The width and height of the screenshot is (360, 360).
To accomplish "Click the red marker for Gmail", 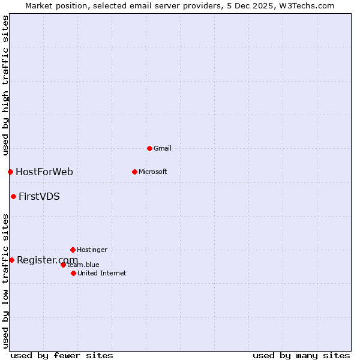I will tap(149, 148).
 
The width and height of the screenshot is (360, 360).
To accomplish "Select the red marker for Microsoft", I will tap(134, 172).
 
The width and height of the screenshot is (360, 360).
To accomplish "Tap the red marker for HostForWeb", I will tap(10, 172).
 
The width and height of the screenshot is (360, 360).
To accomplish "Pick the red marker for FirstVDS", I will tap(13, 196).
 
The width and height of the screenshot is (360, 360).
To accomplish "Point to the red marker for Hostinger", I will tap(73, 250).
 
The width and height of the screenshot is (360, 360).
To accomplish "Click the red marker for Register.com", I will tap(11, 260).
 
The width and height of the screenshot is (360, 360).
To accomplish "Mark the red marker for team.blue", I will tap(63, 265).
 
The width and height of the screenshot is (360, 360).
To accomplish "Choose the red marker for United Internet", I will tap(73, 273).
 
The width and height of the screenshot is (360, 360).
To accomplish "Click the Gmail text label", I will tap(163, 148).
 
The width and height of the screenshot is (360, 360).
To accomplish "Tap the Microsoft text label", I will tap(153, 172).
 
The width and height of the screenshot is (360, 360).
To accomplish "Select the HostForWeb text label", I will tap(44, 172).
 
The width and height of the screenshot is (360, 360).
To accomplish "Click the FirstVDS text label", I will tap(39, 196).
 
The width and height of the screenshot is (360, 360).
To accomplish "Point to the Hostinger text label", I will tap(92, 250).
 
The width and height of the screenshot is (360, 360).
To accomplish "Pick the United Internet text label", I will tap(102, 273).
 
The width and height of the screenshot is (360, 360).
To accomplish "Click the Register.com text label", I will tap(47, 260).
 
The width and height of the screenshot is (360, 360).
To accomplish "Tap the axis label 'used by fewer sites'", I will tap(62, 355).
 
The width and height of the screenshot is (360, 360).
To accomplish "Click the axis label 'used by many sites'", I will tap(301, 355).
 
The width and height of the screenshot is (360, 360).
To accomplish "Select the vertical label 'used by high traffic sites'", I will tap(5, 85).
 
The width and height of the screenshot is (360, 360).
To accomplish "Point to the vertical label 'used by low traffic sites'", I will tap(5, 281).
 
